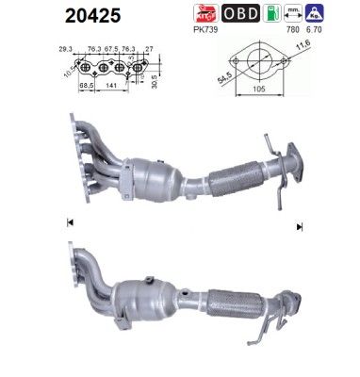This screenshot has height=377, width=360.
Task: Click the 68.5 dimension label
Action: coord(85,86)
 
